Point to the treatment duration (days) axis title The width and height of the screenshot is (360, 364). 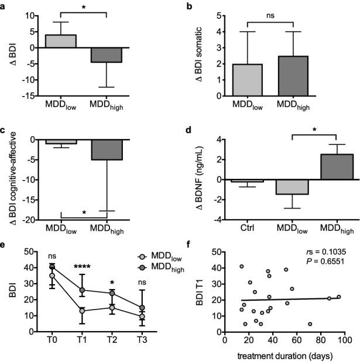tap(286, 356)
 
